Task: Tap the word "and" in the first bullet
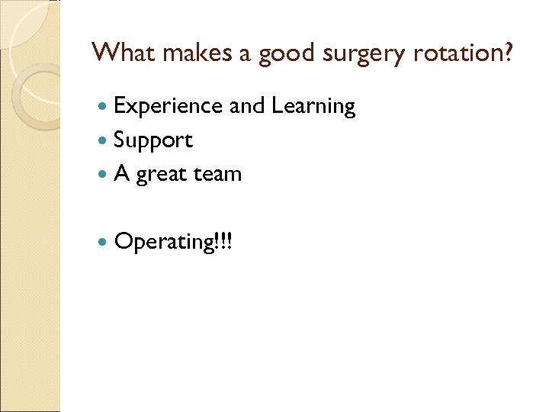[247, 106]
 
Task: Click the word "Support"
[153, 141]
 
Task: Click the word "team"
[218, 174]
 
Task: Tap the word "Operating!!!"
[175, 243]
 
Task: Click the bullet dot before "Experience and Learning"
[104, 108]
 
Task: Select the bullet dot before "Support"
[104, 141]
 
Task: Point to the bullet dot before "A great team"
[104, 175]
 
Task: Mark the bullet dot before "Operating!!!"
[104, 243]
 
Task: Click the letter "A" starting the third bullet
[121, 174]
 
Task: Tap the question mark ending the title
[508, 53]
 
